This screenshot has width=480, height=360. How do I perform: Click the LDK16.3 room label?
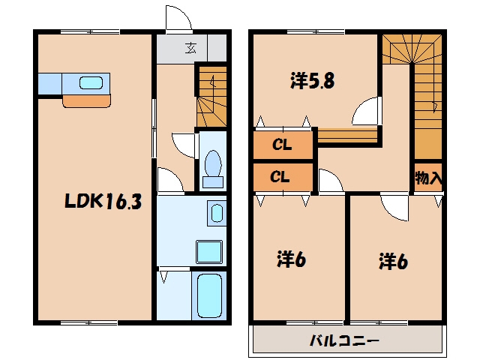pos(103,202)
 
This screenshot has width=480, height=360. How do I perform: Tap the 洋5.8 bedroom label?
pos(312,81)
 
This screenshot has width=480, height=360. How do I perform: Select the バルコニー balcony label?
pos(345,340)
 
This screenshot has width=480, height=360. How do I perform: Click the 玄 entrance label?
pos(190,48)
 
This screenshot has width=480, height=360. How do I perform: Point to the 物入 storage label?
pos(428,178)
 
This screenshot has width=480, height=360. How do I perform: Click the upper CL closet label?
pos(282,145)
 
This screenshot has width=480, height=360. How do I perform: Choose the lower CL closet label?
pos(280,177)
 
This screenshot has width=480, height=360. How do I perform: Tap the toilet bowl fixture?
pos(213,168)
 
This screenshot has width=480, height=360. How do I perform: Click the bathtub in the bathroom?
pos(209,295)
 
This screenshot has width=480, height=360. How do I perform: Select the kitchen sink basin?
pos(91,83)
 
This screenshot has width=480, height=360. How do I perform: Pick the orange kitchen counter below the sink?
pos(87,101)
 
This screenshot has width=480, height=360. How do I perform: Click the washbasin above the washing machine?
pos(217,213)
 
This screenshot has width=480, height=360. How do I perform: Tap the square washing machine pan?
pos(209,252)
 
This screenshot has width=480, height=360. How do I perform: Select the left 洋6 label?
pos(292,259)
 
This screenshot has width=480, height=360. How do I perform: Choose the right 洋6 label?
pos(393,261)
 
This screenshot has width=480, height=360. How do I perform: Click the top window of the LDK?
pos(90,31)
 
